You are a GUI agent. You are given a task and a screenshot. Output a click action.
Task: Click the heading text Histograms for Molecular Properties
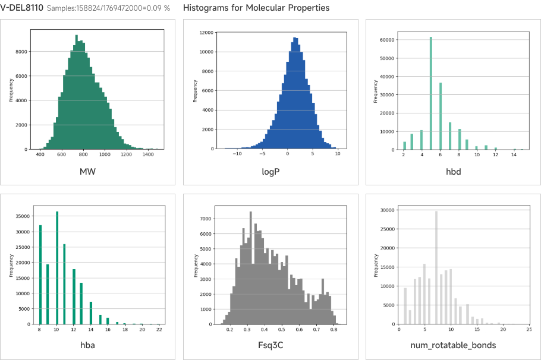coord(256,8)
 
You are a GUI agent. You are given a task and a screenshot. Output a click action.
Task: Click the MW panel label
coord(88,172)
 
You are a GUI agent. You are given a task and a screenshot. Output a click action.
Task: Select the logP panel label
coord(270,172)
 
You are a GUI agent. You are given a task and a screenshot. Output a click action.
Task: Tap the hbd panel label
coord(454,172)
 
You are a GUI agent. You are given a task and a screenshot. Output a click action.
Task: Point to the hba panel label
coord(88,345)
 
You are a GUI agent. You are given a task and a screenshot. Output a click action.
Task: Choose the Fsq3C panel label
coord(270,345)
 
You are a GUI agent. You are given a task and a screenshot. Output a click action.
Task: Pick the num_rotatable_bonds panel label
coord(454,345)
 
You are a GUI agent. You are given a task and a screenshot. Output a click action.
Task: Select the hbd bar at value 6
coord(441,116)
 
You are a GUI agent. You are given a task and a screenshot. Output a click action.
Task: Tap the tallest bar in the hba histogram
coord(57,268)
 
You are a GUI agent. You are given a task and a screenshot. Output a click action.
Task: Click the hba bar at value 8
coord(40,274)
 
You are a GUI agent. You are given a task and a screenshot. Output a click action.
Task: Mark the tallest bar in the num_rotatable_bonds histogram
coord(436,268)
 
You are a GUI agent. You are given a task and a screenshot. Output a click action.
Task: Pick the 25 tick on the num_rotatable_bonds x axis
coord(529,329)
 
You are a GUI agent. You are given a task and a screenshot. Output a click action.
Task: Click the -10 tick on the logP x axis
coord(237,154)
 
